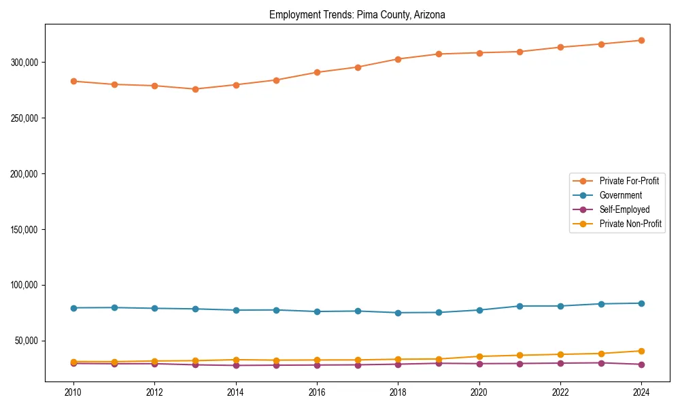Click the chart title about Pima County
357,15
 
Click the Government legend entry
620,195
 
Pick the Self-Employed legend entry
624,209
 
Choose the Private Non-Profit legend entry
630,224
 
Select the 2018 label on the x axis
398,392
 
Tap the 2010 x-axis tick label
73,392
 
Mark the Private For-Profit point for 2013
195,89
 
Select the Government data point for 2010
73,308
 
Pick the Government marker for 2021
520,306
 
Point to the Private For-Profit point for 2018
398,59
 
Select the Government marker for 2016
317,311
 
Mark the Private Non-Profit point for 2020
479,356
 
